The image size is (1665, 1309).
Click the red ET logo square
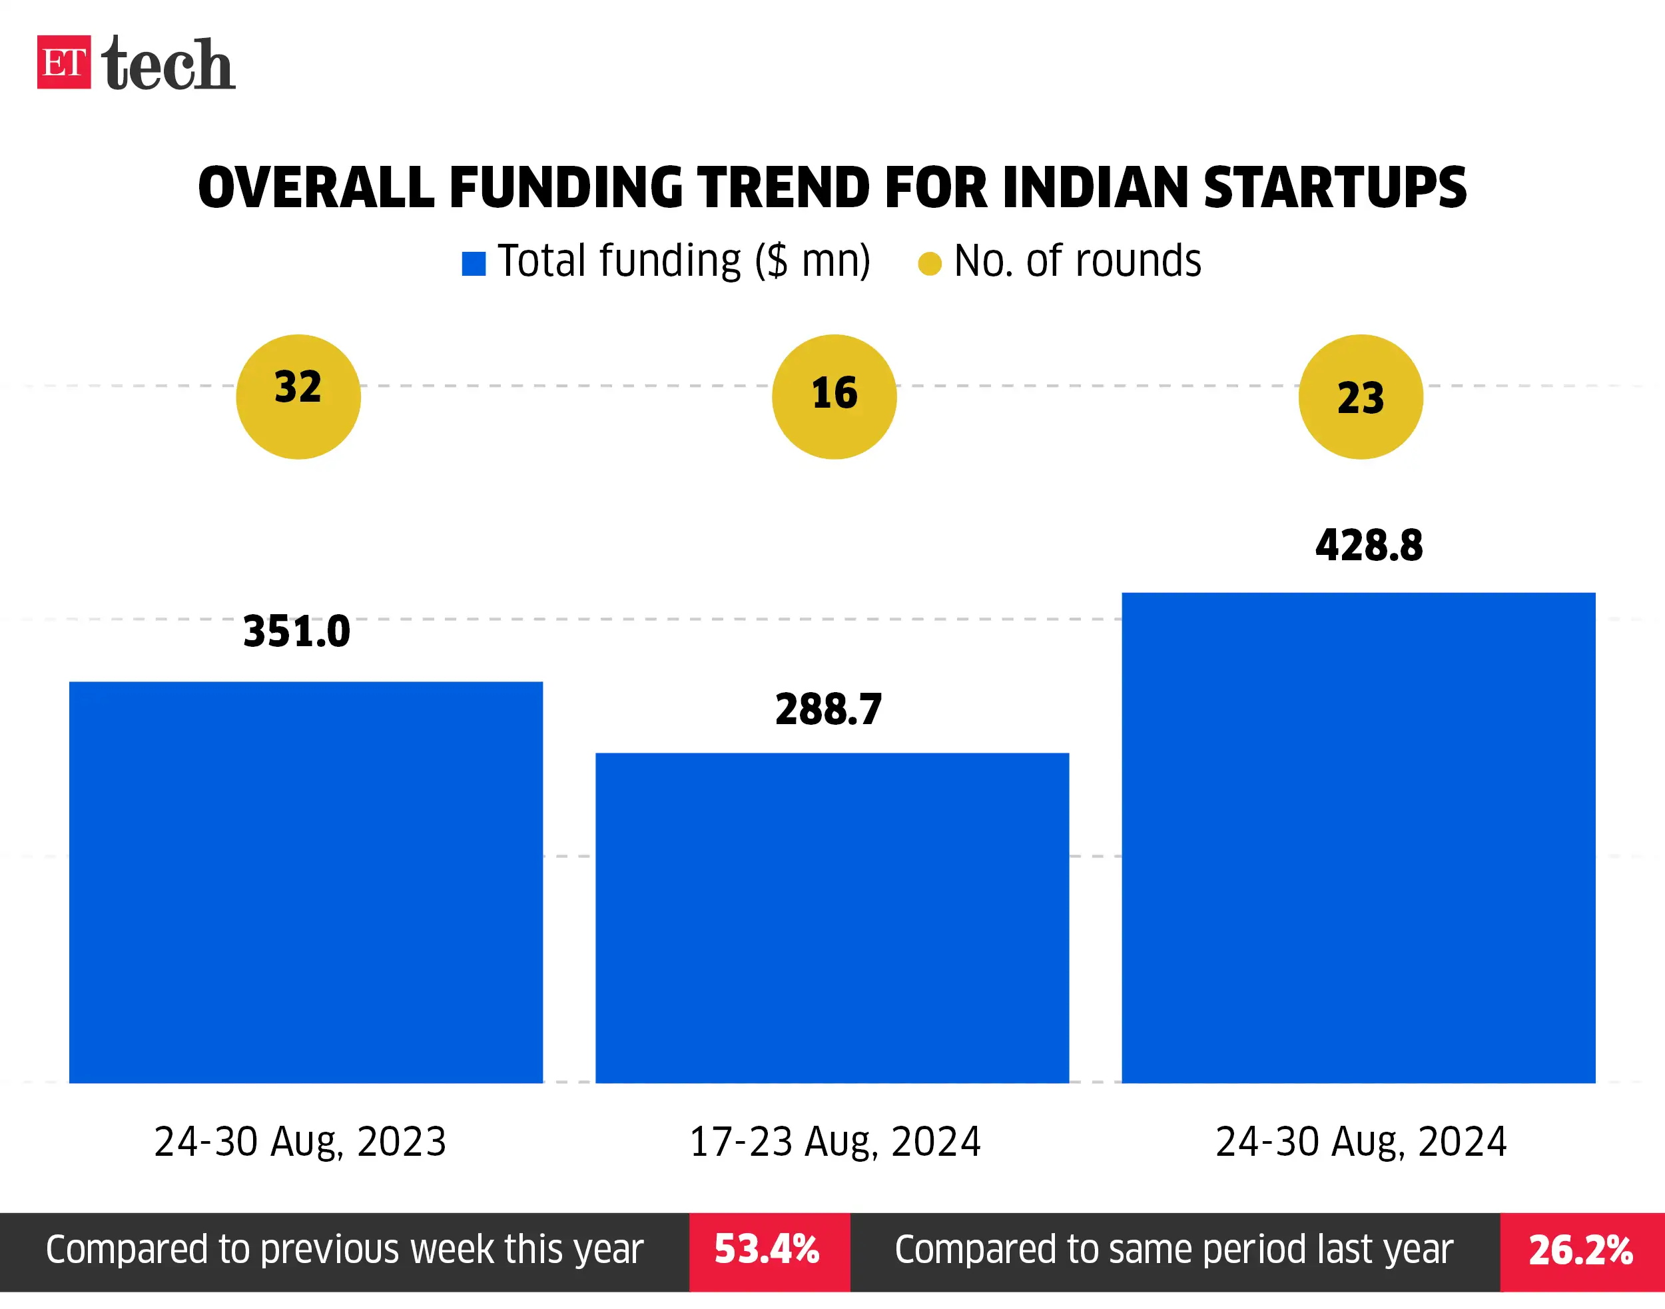[x=63, y=62]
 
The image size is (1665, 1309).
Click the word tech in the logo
[x=168, y=65]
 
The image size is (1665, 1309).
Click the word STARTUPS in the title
[x=1334, y=188]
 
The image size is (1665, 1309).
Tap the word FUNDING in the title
[x=565, y=188]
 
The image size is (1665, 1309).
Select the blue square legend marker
[x=474, y=264]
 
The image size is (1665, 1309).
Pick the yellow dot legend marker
[x=930, y=264]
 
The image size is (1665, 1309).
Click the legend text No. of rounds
[x=1076, y=261]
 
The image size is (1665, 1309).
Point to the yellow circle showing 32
[x=298, y=397]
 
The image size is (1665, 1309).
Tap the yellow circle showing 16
[x=834, y=397]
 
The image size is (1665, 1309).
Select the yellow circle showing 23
[x=1360, y=397]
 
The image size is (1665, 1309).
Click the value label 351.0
[x=296, y=632]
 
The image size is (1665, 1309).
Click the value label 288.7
[x=829, y=709]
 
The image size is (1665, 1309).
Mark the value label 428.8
[x=1369, y=546]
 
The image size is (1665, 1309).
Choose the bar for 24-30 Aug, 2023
[x=306, y=881]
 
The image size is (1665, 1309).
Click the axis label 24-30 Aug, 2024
[x=1361, y=1142]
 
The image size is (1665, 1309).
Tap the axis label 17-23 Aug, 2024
[x=834, y=1142]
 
